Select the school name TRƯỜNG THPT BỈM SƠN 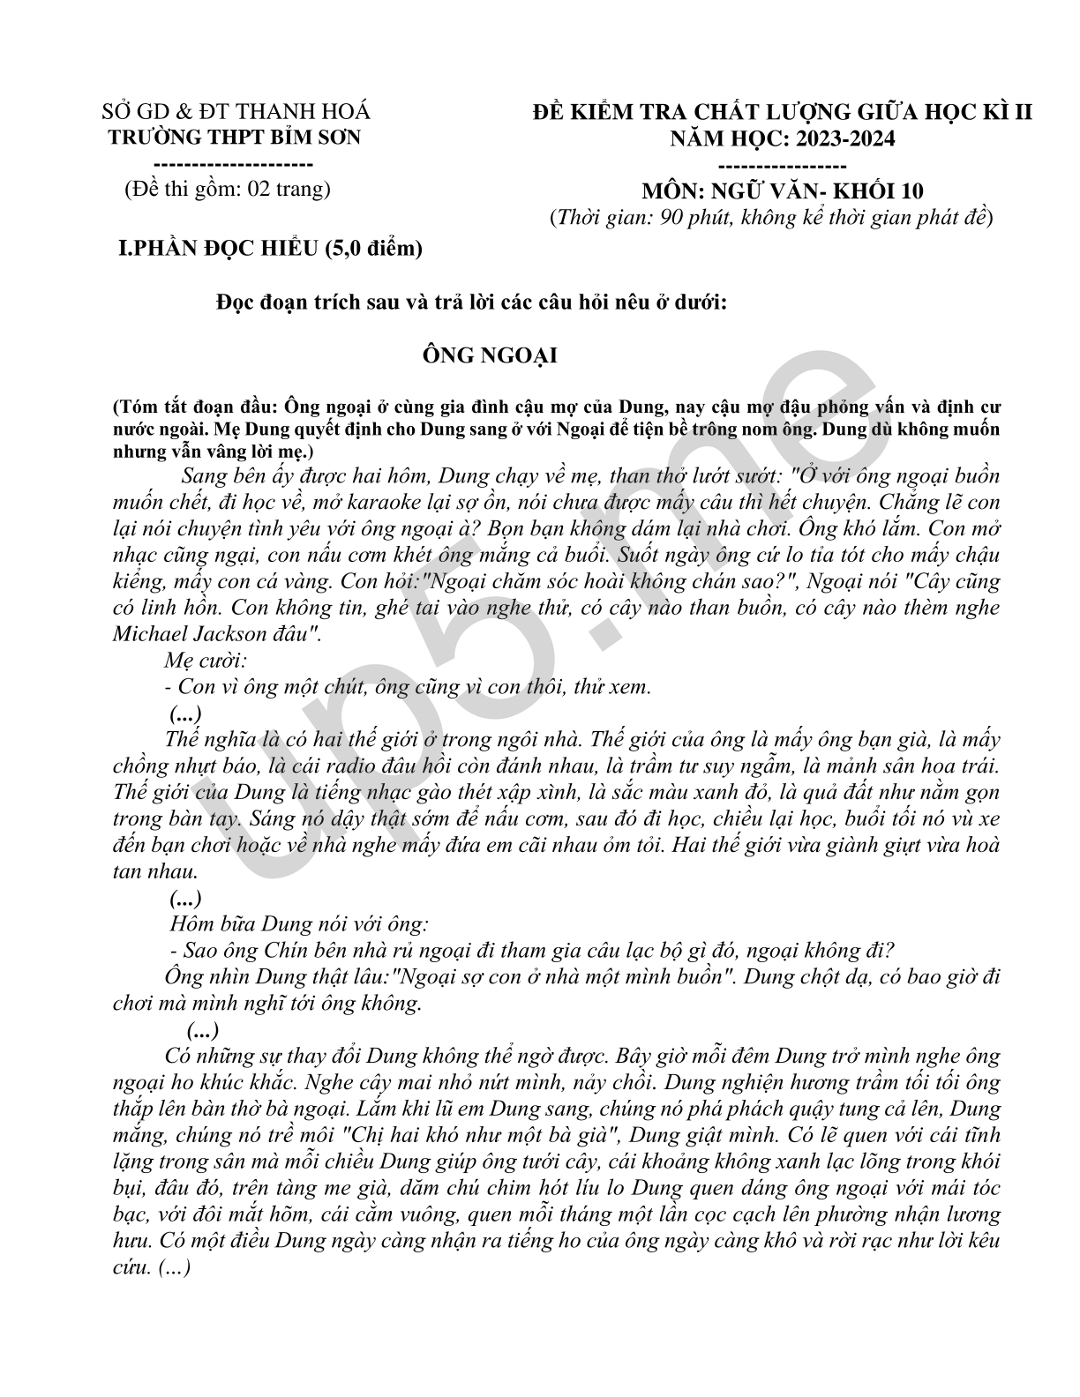234,138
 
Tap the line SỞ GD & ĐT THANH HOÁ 236,112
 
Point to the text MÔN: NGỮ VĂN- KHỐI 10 783,191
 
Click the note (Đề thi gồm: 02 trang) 228,188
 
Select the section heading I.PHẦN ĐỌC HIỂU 272,249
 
